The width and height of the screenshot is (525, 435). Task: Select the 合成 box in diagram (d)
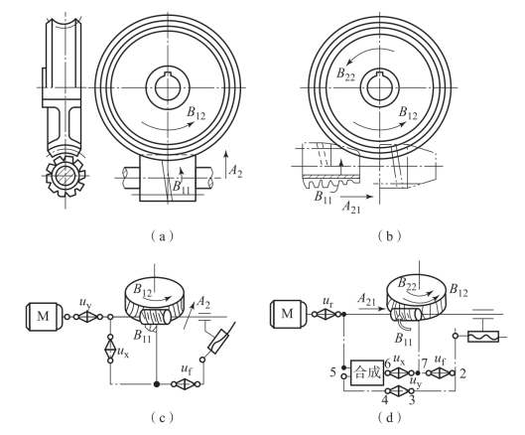(367, 372)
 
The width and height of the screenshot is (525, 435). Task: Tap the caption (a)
(163, 236)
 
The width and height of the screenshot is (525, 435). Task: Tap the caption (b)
(389, 236)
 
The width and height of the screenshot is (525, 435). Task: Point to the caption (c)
(162, 418)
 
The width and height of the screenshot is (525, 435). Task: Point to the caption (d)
(389, 418)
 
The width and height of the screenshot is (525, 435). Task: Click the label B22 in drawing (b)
(345, 74)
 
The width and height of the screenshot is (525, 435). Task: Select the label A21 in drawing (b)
(351, 207)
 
